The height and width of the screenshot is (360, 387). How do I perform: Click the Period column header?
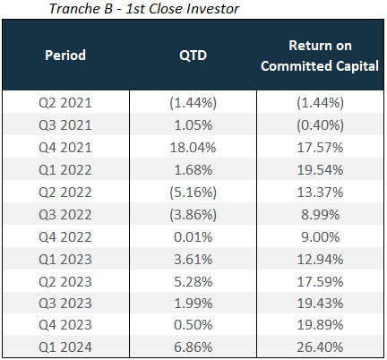tap(65, 56)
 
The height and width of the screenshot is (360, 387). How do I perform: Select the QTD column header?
tap(193, 56)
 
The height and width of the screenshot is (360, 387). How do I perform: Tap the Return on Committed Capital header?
tap(320, 56)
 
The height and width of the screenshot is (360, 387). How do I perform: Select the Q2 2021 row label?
tap(65, 103)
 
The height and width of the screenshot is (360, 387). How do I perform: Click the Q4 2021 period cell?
tap(65, 148)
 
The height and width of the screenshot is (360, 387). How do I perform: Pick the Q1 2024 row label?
tap(65, 347)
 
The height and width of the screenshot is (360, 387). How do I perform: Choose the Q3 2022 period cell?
tap(65, 215)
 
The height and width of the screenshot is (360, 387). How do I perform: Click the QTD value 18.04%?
tap(193, 148)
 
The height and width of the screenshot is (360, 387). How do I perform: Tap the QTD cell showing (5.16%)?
tap(193, 193)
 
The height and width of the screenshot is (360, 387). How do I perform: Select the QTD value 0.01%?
tap(193, 237)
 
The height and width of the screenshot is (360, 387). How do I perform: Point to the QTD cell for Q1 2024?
tap(193, 347)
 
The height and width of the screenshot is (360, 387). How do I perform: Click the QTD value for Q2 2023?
tap(193, 282)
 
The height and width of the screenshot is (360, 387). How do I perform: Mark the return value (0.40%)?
tap(320, 125)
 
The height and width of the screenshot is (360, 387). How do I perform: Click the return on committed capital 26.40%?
tap(320, 347)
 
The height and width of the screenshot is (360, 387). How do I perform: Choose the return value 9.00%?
tap(320, 237)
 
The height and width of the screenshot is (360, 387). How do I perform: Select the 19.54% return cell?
tap(320, 170)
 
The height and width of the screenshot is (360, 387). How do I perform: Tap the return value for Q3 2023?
tap(320, 304)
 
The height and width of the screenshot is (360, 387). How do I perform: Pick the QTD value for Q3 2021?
tap(193, 125)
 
